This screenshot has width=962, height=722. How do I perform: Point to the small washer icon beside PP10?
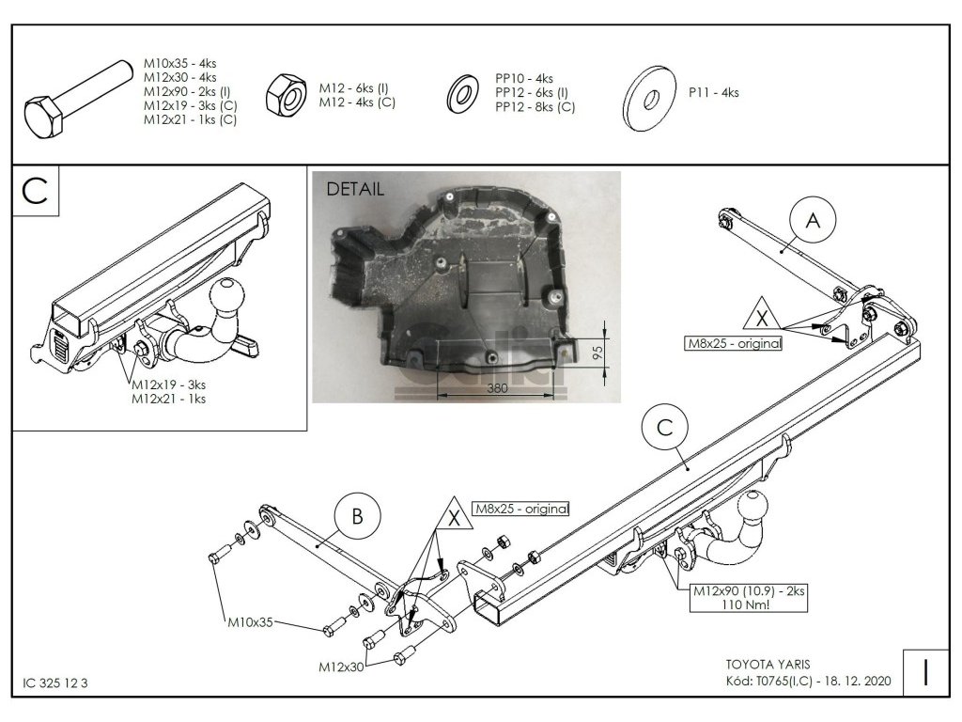pos(462,92)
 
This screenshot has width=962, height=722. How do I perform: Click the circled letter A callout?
pos(814,221)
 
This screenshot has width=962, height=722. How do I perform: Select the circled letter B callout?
pos(356,516)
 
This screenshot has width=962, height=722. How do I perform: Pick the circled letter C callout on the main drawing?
pos(664,429)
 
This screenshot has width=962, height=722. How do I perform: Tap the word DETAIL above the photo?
pos(355,188)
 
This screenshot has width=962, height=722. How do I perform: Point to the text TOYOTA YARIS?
pos(761,661)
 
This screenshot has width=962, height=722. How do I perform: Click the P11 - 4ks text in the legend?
pos(713,92)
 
